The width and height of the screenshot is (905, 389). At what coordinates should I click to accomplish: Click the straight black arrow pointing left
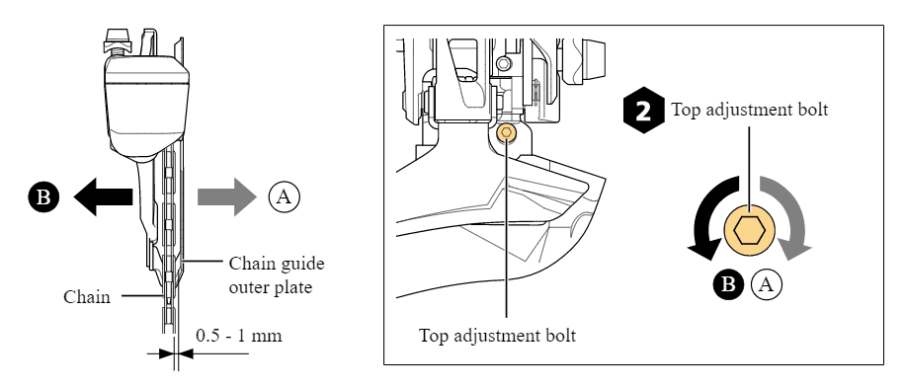pyautogui.click(x=105, y=196)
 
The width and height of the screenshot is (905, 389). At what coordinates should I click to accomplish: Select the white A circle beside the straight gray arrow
pyautogui.click(x=284, y=196)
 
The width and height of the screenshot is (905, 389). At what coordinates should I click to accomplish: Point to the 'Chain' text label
pyautogui.click(x=86, y=296)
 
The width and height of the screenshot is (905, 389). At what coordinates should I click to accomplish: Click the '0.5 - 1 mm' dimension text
pyautogui.click(x=238, y=335)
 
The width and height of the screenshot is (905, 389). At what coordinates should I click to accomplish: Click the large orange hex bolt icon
pyautogui.click(x=751, y=229)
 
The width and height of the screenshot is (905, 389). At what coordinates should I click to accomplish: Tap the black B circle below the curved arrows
pyautogui.click(x=728, y=285)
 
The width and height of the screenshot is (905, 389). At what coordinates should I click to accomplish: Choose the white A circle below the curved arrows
pyautogui.click(x=766, y=285)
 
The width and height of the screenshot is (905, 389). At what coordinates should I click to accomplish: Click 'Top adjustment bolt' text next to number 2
pyautogui.click(x=750, y=110)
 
